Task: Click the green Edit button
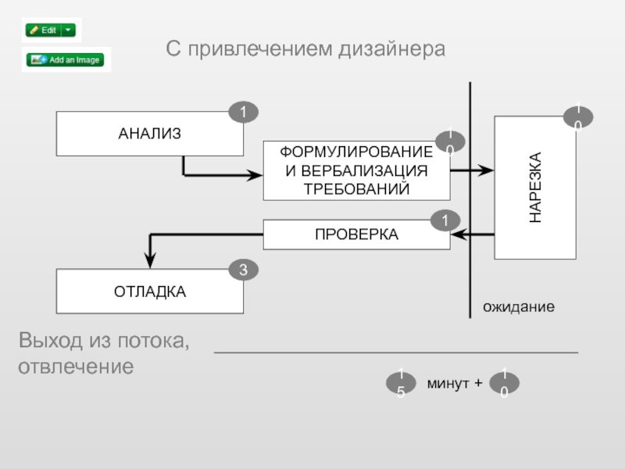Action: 44,30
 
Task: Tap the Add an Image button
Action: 66,59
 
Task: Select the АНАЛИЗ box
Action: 149,134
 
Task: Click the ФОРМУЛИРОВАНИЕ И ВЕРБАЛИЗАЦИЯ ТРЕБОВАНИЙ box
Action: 356,170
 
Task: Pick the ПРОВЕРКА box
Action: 356,234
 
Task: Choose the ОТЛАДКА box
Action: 149,292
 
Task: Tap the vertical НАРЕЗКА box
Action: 535,188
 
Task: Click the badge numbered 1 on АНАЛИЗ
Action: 243,113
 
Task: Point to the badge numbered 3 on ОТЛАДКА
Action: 243,270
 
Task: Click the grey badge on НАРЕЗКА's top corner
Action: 578,117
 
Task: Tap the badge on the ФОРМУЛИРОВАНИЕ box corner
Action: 450,141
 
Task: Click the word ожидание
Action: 518,307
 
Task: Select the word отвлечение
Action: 76,366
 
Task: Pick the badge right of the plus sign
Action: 505,384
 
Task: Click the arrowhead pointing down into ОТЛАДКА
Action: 150,260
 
